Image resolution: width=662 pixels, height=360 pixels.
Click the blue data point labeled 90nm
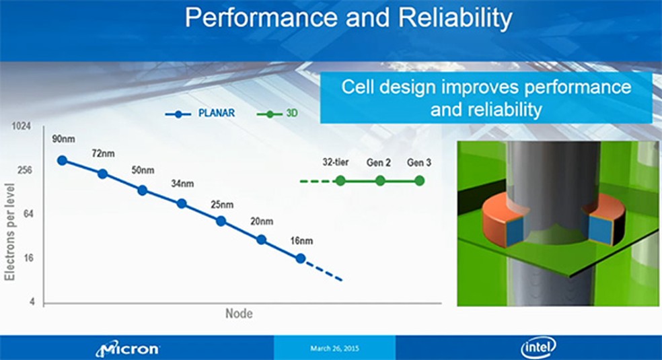(x=62, y=160)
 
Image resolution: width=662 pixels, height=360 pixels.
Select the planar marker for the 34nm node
(x=182, y=203)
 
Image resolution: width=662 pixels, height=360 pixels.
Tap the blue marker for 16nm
(x=301, y=258)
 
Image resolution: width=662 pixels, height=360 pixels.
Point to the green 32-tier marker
(x=340, y=180)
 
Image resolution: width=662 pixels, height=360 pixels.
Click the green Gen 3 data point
(x=419, y=180)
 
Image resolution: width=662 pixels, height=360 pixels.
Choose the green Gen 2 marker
(x=380, y=180)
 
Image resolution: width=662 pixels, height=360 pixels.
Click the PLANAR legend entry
(x=201, y=114)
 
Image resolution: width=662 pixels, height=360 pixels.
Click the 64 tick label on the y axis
(x=27, y=214)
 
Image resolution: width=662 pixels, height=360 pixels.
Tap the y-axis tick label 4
(x=31, y=302)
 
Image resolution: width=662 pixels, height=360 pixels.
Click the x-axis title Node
(x=238, y=314)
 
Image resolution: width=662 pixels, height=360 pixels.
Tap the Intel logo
(x=538, y=347)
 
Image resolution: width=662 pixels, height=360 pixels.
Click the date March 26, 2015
(x=334, y=349)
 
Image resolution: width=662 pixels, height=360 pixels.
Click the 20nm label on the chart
(x=261, y=221)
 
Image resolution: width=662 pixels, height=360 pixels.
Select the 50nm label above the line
(x=143, y=170)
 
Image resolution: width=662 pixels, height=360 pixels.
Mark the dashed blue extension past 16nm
(x=324, y=271)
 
